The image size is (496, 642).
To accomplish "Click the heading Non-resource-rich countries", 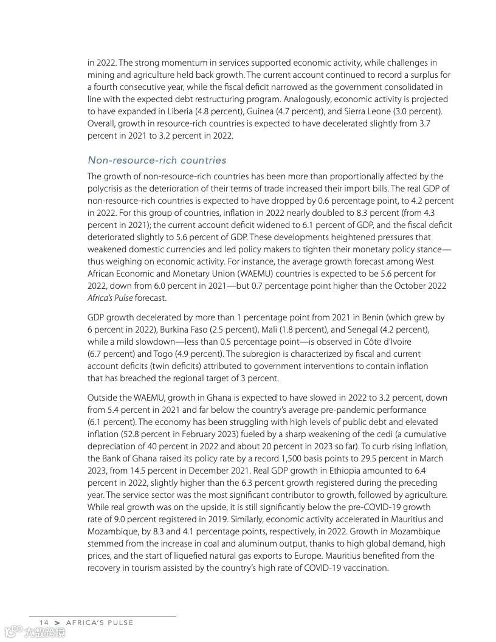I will [157, 160].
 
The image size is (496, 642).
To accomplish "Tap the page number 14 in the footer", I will [44, 623].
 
